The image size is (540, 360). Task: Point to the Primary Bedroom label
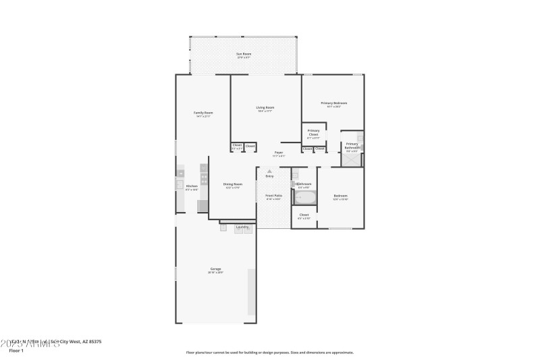pyautogui.click(x=333, y=104)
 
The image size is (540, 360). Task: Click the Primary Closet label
pyautogui.click(x=313, y=133)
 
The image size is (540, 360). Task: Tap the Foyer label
pyautogui.click(x=278, y=154)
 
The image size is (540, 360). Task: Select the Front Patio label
pyautogui.click(x=273, y=197)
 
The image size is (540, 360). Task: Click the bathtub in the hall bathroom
pyautogui.click(x=304, y=198)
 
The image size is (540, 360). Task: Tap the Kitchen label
pyautogui.click(x=192, y=187)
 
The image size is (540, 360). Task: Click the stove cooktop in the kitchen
pyautogui.click(x=204, y=180)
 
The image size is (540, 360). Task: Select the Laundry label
pyautogui.click(x=242, y=227)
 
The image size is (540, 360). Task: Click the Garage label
pyautogui.click(x=215, y=269)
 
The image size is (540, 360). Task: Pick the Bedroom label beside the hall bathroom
pyautogui.click(x=340, y=197)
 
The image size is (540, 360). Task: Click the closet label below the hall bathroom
pyautogui.click(x=304, y=215)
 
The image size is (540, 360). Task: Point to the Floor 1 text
pyautogui.click(x=16, y=351)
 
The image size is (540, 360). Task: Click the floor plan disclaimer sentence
pyautogui.click(x=269, y=352)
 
